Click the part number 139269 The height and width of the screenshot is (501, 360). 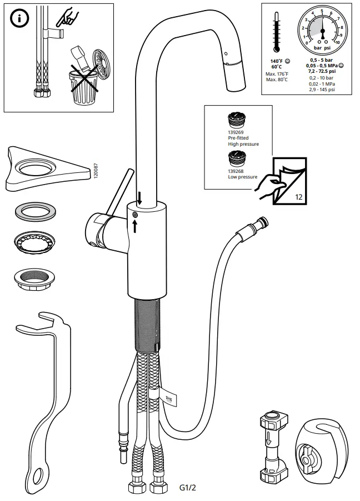click(x=235, y=132)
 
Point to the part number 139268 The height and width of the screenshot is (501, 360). click(x=235, y=172)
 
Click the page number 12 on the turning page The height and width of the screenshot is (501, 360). click(x=298, y=196)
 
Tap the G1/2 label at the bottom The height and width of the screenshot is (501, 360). click(x=188, y=488)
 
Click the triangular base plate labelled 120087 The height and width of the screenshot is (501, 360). click(x=47, y=166)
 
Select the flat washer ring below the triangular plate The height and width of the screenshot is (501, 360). click(x=34, y=211)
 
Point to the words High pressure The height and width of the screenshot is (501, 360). click(x=243, y=144)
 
